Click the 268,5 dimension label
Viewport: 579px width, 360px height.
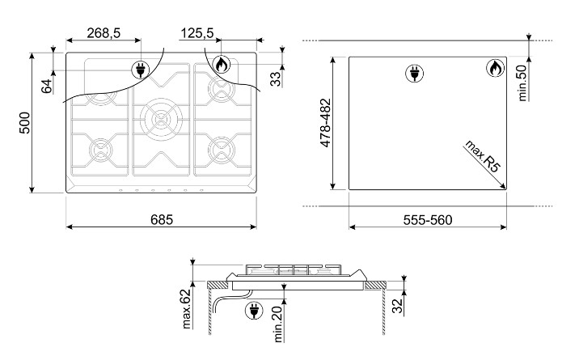click(104, 33)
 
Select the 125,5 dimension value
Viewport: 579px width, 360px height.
click(197, 33)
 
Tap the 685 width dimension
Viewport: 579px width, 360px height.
click(162, 220)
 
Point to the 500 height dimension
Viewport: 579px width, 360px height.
click(24, 123)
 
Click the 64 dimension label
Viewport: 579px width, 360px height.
click(47, 86)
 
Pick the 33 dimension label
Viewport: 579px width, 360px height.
click(276, 78)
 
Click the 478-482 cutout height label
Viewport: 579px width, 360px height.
click(326, 123)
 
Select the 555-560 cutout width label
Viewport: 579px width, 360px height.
click(428, 220)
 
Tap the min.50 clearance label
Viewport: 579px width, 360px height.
click(522, 83)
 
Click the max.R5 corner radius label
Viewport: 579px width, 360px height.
click(483, 156)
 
